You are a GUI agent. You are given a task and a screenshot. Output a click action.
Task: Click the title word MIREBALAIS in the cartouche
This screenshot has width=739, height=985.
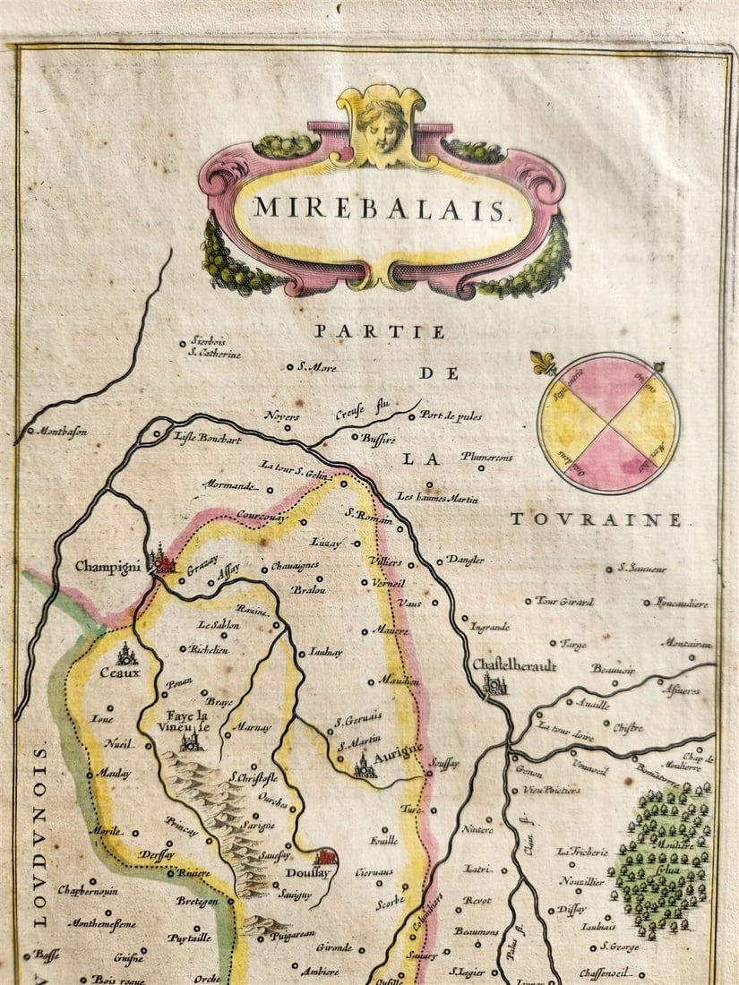379,209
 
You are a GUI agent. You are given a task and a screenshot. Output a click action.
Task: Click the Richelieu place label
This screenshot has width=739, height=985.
208,649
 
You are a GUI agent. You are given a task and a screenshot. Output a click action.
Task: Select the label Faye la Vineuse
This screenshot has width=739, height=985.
187,722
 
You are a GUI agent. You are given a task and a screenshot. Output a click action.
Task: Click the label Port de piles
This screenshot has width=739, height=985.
450,415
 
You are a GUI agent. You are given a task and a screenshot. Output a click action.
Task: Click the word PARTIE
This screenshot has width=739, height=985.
379,332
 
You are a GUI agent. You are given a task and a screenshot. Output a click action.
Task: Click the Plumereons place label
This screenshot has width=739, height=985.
486,458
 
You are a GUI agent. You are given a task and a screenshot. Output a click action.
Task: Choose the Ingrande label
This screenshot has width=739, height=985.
489,626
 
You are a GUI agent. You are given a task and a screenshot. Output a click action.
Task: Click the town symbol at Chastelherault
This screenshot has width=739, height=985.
493,685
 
